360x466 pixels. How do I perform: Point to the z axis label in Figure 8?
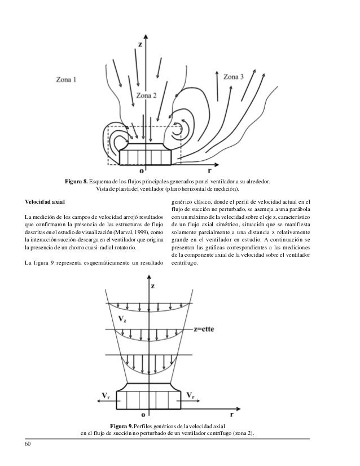click(x=141, y=42)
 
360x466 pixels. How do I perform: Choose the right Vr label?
click(x=192, y=394)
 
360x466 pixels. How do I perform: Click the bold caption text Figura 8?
click(x=76, y=181)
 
